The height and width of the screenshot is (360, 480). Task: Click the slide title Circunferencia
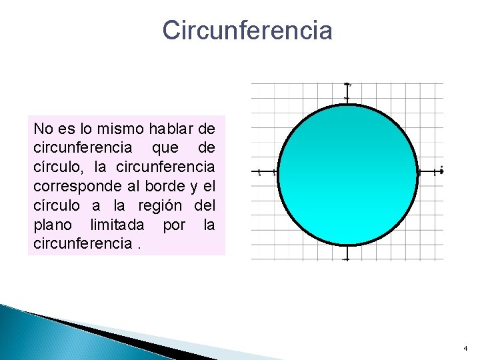point(247,31)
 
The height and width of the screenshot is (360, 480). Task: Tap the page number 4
point(465,349)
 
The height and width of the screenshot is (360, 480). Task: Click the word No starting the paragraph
point(42,127)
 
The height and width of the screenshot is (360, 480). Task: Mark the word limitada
point(117,224)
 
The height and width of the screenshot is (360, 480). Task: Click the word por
point(174,224)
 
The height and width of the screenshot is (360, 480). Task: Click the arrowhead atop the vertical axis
point(347,85)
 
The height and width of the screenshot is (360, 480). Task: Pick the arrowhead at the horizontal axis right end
point(441,171)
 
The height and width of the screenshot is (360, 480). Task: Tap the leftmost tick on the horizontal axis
point(259,172)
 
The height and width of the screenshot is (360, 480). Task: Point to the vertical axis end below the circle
point(346,259)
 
